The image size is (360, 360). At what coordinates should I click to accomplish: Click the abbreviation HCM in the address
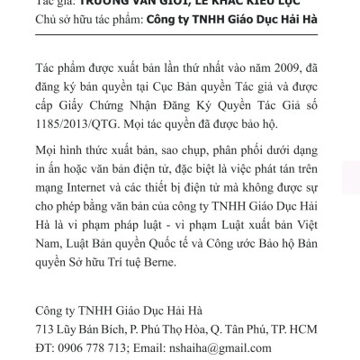click(307, 327)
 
